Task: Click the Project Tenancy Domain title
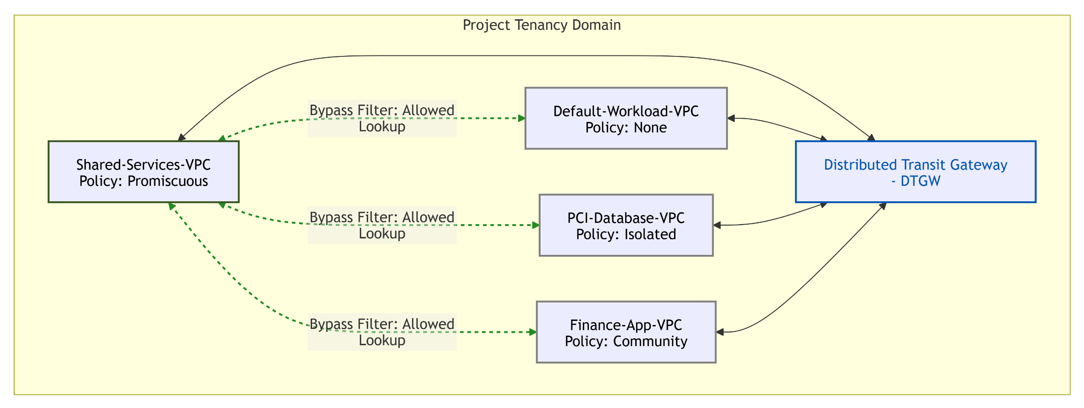click(x=542, y=25)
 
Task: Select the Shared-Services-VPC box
click(x=144, y=172)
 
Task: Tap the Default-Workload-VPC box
click(x=626, y=118)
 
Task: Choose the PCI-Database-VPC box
click(x=626, y=225)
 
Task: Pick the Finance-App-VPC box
click(x=626, y=332)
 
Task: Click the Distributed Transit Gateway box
click(x=916, y=172)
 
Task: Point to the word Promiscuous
click(x=168, y=181)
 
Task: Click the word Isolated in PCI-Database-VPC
click(x=650, y=234)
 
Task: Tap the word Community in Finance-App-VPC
click(x=650, y=342)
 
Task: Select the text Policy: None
click(x=626, y=127)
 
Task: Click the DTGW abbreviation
click(x=920, y=181)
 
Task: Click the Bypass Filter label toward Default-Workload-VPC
click(x=382, y=118)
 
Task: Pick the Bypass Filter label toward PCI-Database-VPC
click(x=382, y=225)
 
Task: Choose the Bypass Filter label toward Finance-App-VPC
click(x=382, y=332)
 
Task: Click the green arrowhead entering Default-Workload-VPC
click(x=522, y=118)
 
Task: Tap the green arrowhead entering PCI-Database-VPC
click(x=536, y=225)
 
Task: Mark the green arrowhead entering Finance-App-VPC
click(x=533, y=332)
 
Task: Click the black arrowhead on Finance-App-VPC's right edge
click(x=720, y=332)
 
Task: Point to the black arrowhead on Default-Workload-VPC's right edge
click(x=732, y=118)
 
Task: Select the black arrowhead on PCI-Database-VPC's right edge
click(x=717, y=225)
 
